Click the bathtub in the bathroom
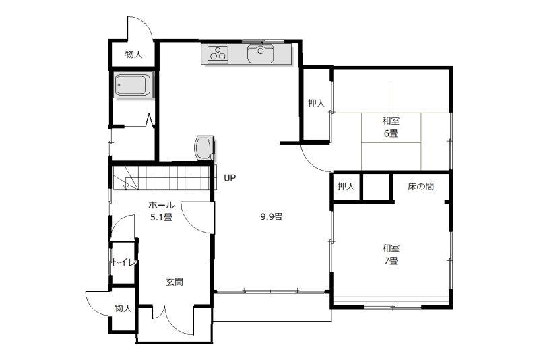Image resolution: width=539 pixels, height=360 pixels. (x=133, y=85)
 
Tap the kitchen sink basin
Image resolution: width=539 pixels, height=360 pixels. (x=260, y=54)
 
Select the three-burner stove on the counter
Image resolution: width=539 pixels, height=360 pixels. (x=218, y=54)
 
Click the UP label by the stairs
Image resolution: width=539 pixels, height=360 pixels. (x=230, y=178)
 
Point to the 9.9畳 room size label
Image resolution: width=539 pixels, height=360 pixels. (x=272, y=217)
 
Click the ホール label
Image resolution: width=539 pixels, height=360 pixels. (x=162, y=205)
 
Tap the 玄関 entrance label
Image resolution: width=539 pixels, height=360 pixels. (x=175, y=282)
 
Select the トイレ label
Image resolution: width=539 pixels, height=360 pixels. (x=124, y=263)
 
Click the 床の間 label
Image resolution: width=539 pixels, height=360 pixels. (x=420, y=187)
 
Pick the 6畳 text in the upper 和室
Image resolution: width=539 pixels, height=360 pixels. (x=391, y=133)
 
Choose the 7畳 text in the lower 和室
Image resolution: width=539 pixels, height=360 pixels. (x=391, y=261)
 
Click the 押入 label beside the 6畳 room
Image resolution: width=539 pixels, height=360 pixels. (x=316, y=103)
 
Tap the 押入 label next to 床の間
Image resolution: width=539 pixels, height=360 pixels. (x=346, y=186)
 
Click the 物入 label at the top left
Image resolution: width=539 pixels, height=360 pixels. (x=133, y=55)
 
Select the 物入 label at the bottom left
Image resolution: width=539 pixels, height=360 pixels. (x=123, y=308)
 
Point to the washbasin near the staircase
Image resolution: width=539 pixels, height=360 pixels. (x=205, y=148)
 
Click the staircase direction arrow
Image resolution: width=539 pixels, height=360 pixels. (x=126, y=178)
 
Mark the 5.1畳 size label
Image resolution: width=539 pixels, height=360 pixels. (x=162, y=217)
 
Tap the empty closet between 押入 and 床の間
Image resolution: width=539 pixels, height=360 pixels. (x=376, y=187)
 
